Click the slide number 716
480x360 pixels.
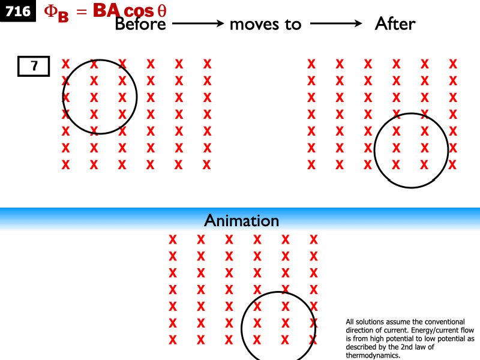[x=18, y=11]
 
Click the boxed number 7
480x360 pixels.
[x=34, y=67]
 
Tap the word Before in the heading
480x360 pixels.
[x=140, y=24]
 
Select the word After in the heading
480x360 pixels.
[x=395, y=24]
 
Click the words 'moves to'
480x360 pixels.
[x=265, y=25]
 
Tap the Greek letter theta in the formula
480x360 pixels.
[x=161, y=11]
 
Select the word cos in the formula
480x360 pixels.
[x=139, y=11]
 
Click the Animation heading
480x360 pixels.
[x=241, y=221]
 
